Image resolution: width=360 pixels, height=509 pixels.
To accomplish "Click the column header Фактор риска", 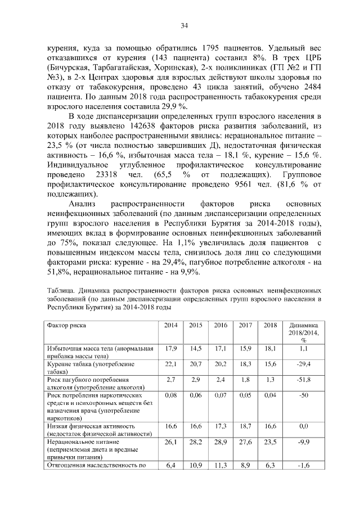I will [67, 326].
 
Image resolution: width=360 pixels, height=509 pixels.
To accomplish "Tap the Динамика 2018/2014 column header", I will [303, 332].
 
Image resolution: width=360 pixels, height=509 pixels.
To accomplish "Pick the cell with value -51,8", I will [303, 380].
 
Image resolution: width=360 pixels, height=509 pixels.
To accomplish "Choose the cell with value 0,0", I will [303, 427].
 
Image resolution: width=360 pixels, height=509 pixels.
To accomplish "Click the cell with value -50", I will [303, 396].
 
